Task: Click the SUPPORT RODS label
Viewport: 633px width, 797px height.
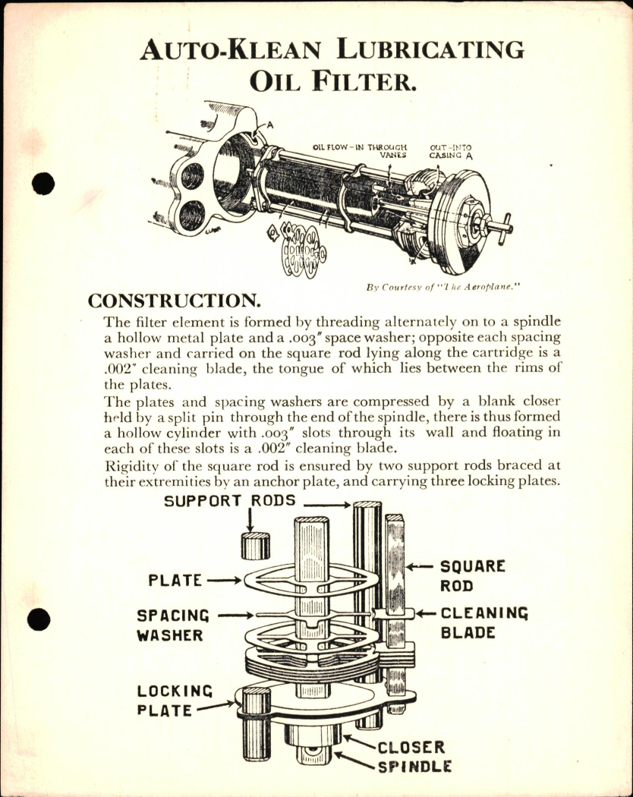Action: point(230,502)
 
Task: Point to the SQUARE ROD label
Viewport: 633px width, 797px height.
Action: point(472,576)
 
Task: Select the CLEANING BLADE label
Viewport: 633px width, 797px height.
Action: point(483,622)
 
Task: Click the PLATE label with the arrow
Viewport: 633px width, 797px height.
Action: point(175,581)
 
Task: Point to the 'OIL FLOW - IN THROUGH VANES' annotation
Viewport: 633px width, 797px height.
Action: point(361,150)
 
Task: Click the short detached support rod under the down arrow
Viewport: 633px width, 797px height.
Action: point(255,545)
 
